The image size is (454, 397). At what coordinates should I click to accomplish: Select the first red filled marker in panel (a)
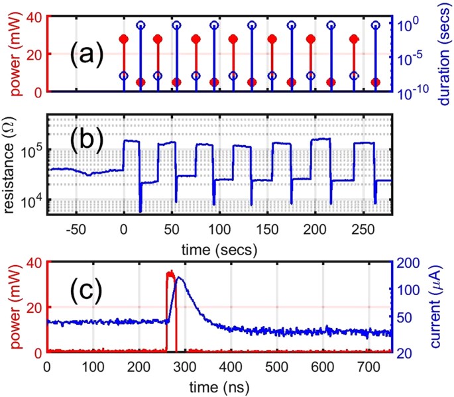tap(123, 39)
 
